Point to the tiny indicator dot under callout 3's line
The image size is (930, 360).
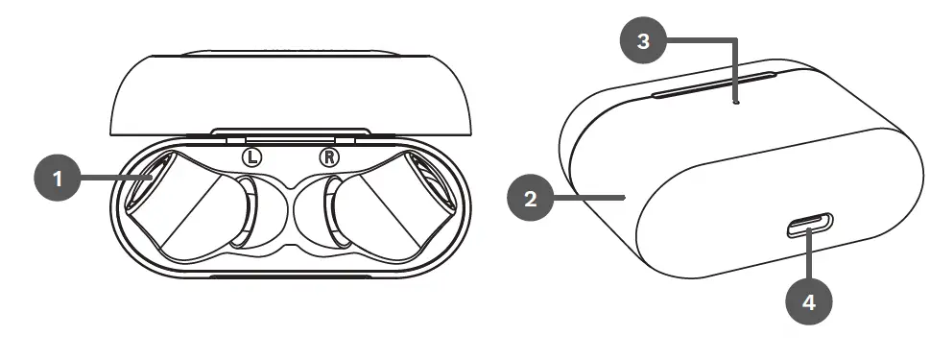pyautogui.click(x=736, y=100)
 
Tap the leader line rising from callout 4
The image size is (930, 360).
pyautogui.click(x=810, y=259)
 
